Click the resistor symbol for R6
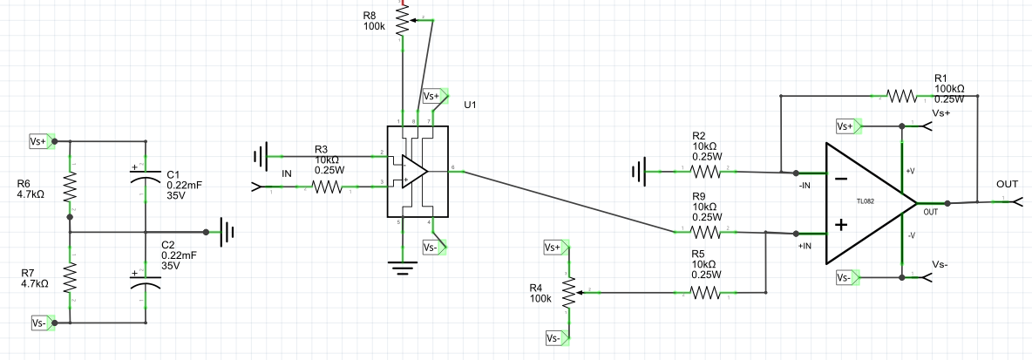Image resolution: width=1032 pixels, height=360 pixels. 69,186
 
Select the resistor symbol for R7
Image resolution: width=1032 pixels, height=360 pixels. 69,278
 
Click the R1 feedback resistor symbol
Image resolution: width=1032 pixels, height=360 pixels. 901,95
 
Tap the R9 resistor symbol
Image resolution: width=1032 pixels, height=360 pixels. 703,233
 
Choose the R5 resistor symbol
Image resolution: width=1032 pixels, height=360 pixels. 703,294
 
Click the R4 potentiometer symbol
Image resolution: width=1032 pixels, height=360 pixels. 569,293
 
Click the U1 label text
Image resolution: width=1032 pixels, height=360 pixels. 471,105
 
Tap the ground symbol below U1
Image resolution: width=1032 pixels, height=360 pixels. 401,267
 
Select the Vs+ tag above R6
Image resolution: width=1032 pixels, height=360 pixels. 39,140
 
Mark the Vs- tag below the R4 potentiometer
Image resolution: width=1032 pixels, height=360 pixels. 555,337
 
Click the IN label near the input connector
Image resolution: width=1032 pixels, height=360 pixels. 286,174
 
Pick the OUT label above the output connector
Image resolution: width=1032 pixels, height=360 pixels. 1007,185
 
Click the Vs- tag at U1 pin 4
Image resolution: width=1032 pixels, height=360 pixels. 433,248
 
